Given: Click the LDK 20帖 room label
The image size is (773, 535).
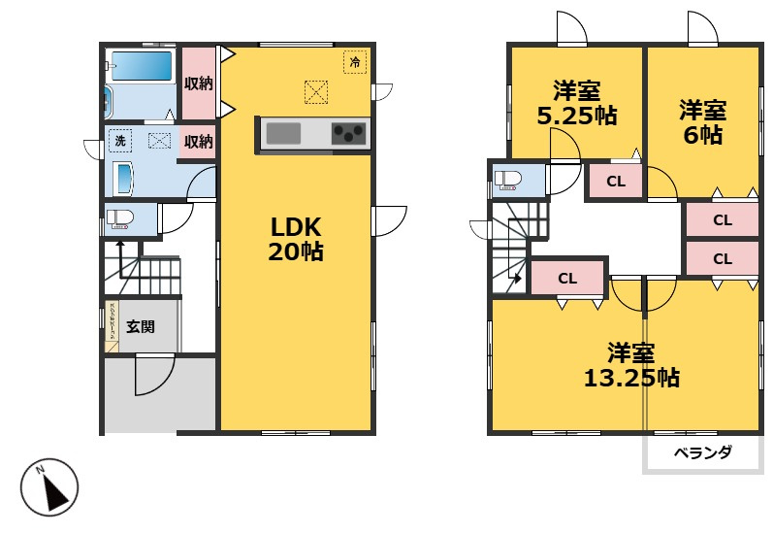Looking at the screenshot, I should (296, 239).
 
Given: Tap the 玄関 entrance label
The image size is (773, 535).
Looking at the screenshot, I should (141, 327).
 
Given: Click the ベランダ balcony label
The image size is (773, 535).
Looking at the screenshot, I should (703, 452).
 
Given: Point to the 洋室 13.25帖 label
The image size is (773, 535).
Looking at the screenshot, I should (630, 364).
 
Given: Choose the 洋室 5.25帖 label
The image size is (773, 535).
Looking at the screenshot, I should (576, 103).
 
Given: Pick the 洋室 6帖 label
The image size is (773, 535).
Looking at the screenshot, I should (702, 122).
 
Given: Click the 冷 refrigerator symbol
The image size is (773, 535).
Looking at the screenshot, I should (355, 63).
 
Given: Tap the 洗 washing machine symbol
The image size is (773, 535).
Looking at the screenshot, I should (120, 140).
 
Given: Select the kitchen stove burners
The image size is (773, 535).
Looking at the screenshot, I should (349, 134).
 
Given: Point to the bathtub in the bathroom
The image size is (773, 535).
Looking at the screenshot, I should (142, 66).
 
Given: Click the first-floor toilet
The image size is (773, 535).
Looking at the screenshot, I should (119, 218).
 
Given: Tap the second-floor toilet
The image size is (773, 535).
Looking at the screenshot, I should (508, 180).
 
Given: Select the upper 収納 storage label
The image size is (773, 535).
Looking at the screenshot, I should (198, 84).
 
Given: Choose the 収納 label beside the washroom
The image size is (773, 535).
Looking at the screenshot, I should (198, 142).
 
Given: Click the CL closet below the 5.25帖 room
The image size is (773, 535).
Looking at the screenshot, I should (615, 181).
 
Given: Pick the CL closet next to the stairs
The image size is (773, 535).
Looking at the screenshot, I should (567, 279).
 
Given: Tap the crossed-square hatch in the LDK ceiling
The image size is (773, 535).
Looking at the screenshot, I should (316, 92).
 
